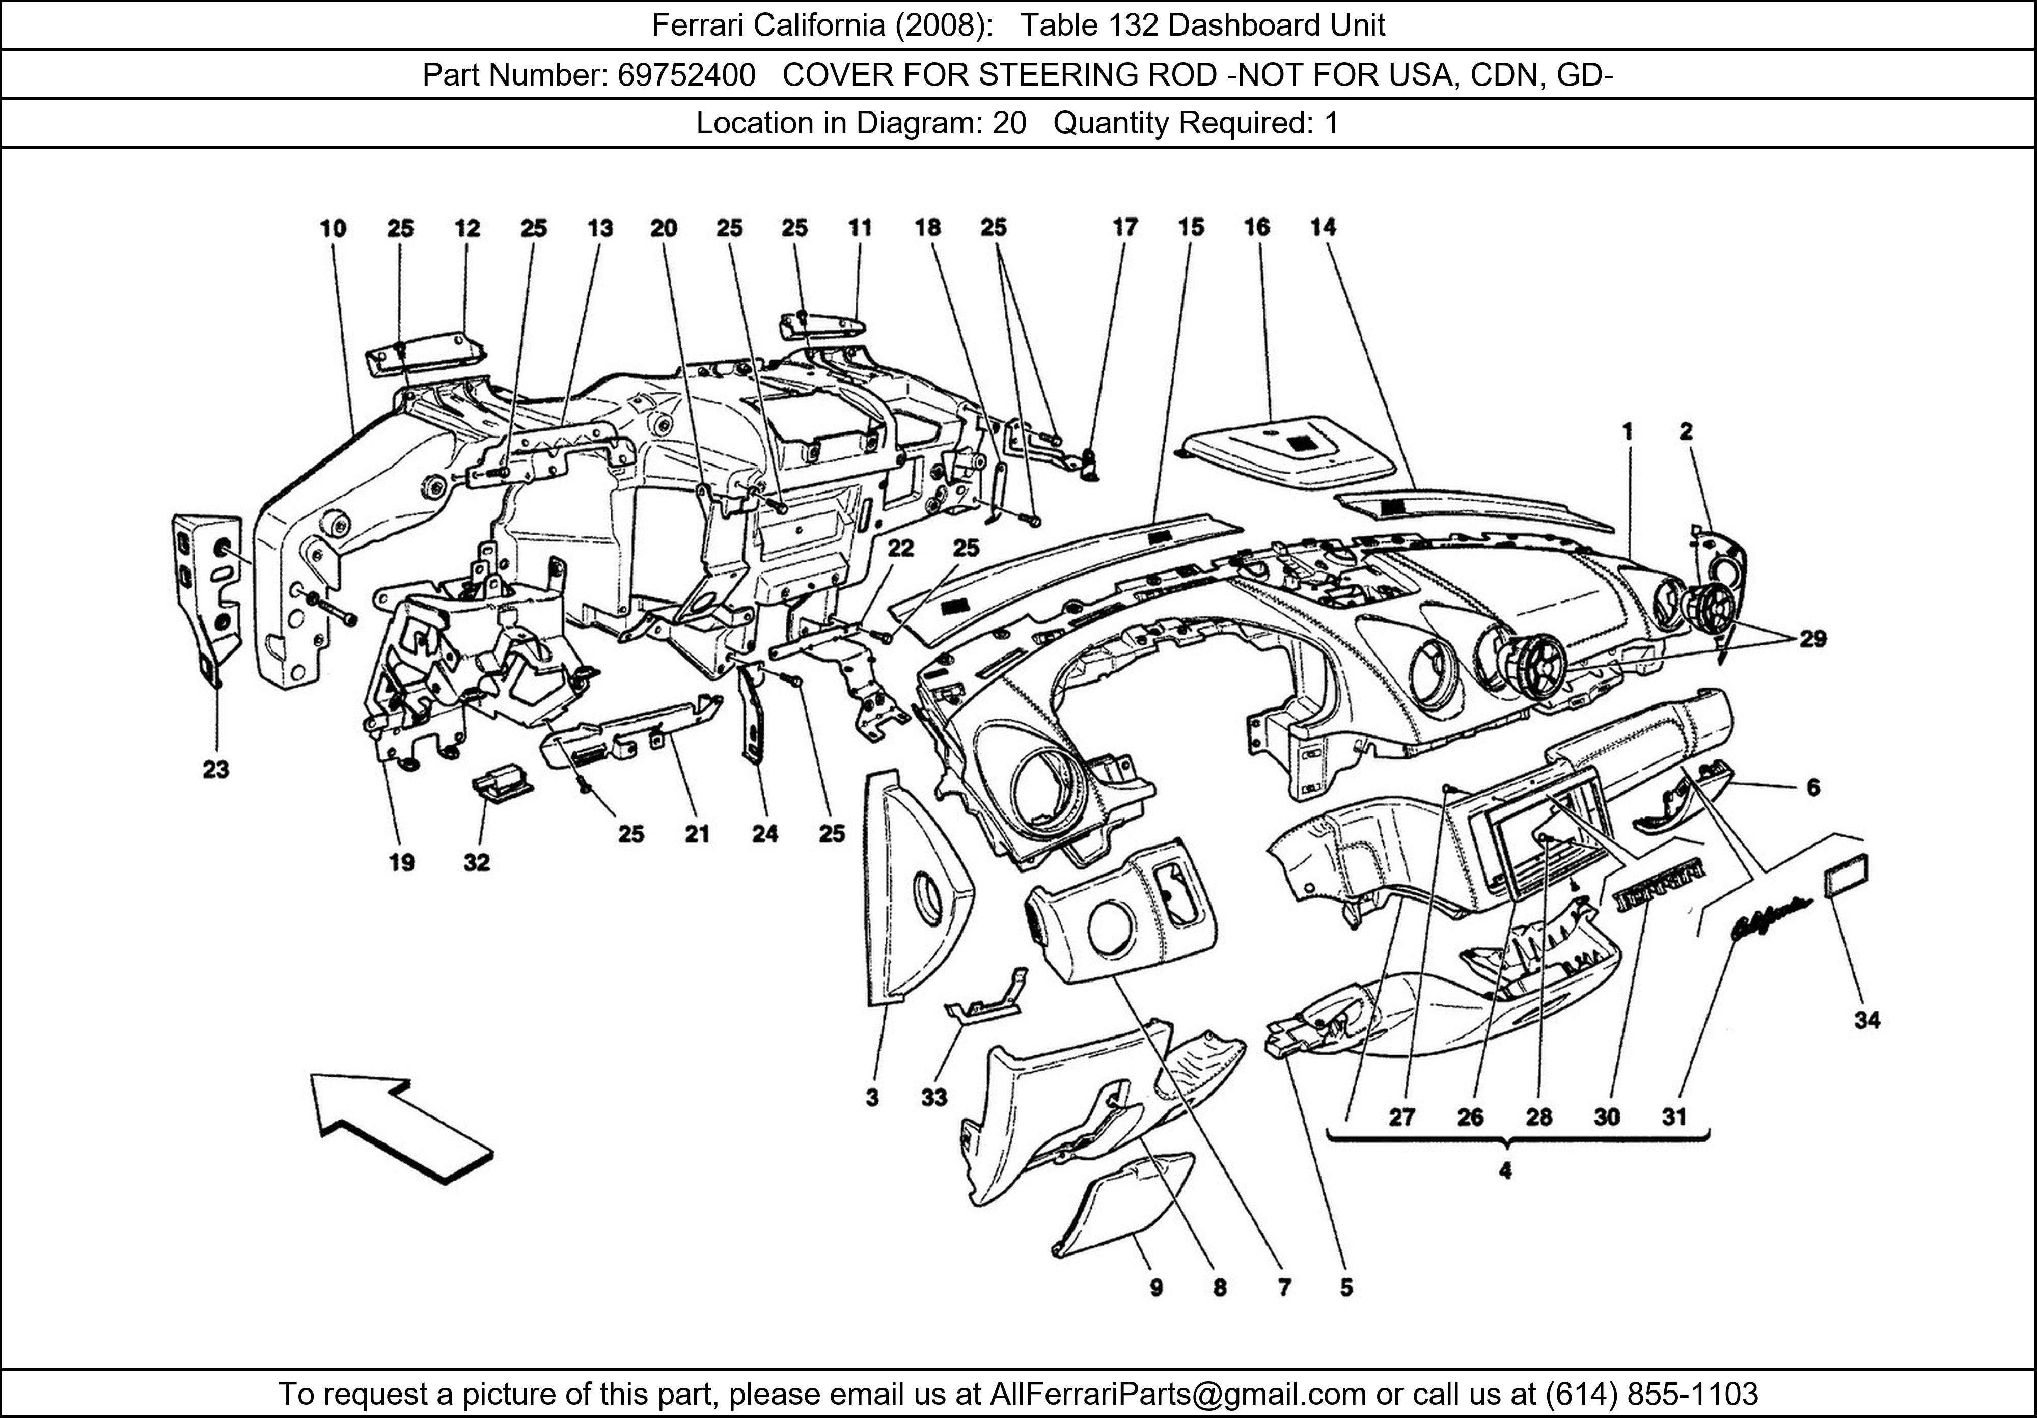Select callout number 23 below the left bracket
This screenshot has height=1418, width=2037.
[x=215, y=769]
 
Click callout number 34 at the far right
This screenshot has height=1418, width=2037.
[x=1867, y=1021]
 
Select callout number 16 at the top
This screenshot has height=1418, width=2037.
[x=1256, y=228]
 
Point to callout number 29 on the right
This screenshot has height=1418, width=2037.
[x=1812, y=639]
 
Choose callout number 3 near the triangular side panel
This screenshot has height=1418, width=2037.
[x=872, y=1098]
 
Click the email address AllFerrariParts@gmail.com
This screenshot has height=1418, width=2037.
[x=1177, y=1394]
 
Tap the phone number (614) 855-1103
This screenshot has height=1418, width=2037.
[x=1651, y=1394]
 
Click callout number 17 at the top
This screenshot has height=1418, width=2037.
[x=1125, y=228]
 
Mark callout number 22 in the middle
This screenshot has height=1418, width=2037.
[x=900, y=549]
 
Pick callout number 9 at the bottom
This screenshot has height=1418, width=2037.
[x=1156, y=1287]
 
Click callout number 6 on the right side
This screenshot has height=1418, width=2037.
[x=1812, y=787]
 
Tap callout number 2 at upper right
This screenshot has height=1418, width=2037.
[x=1686, y=432]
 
